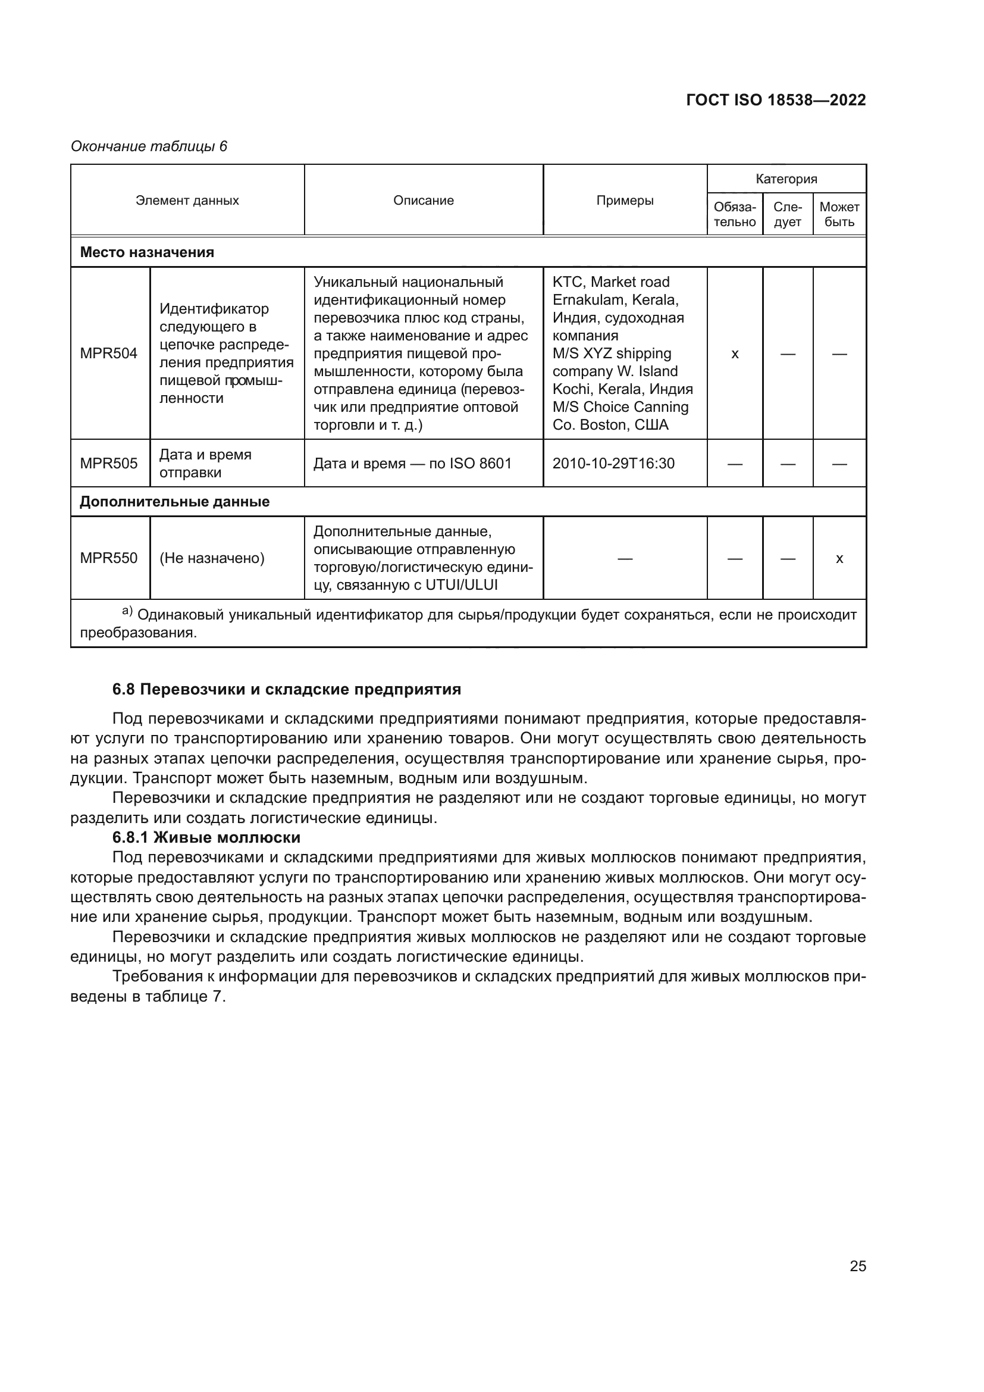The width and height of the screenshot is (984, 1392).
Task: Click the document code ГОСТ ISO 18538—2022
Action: point(776,100)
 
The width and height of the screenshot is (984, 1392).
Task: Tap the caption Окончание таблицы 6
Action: point(149,146)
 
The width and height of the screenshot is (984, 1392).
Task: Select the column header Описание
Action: point(423,200)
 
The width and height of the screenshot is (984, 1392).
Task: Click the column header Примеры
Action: point(625,200)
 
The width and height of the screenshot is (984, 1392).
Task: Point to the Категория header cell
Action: point(786,179)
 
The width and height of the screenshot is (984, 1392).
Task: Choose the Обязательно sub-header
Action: point(734,214)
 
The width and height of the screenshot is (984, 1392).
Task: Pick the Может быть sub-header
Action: point(839,214)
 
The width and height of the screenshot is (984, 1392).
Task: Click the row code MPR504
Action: point(109,354)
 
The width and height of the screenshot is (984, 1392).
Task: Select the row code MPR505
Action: point(109,463)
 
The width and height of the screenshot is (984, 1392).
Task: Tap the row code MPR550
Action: point(109,558)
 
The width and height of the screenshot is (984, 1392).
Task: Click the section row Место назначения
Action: point(147,252)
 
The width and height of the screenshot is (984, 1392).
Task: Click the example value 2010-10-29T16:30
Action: point(613,463)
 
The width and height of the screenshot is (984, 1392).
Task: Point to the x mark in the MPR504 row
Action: point(734,354)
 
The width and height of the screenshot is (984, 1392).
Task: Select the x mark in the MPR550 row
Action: point(839,558)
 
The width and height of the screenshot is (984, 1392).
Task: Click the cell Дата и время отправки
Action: point(205,463)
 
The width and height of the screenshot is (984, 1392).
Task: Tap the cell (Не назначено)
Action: point(212,558)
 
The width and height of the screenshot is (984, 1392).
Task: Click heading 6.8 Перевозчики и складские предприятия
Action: point(287,689)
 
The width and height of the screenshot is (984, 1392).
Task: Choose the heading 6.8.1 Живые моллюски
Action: point(206,837)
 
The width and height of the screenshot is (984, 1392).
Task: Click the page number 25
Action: point(857,1266)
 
